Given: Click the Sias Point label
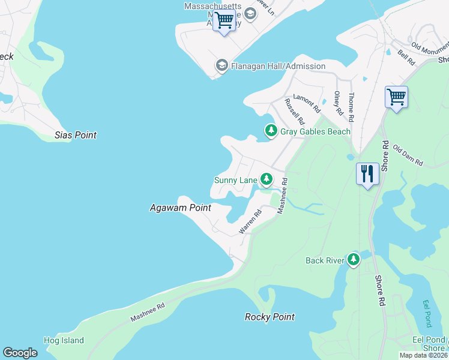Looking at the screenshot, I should (75, 135).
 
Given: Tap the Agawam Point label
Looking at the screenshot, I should (180, 208).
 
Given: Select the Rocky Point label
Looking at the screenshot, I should (270, 317).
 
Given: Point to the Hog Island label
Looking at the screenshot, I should (64, 340).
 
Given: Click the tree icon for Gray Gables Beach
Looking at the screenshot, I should (271, 130).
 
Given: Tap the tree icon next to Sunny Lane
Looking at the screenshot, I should (266, 179).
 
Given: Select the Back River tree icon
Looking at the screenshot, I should (354, 259).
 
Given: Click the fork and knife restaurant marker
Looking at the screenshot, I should (367, 174).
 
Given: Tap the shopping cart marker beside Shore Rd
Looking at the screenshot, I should (396, 97).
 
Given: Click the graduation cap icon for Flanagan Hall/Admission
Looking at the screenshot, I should (221, 65).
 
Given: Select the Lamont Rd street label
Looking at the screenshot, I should (307, 103).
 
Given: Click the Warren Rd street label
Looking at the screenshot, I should (250, 221).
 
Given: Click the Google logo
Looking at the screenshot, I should (20, 353).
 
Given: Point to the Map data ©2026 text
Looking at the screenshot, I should (423, 355).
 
